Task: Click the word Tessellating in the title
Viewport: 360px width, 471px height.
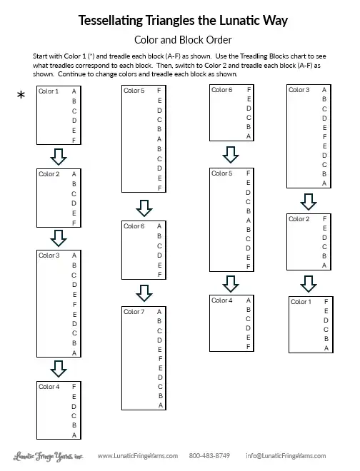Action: [x=111, y=21]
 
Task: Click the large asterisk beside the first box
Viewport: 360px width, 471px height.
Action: [x=21, y=96]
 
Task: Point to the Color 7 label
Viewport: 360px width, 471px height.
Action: [x=134, y=312]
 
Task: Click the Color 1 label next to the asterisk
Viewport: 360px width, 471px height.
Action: [x=49, y=91]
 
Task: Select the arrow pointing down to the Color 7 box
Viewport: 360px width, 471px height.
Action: [x=144, y=293]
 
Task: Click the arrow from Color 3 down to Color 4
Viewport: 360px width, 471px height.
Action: [x=59, y=368]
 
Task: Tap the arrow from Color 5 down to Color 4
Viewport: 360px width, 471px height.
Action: [x=231, y=284]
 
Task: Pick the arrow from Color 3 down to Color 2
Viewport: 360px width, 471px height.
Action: [x=309, y=201]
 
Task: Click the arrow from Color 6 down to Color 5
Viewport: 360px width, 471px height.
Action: [x=231, y=155]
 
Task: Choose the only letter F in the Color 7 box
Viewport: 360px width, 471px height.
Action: [x=160, y=359]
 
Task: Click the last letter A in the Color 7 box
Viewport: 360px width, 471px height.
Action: [x=161, y=405]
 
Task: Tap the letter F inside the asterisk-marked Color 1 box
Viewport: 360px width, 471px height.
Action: [x=74, y=140]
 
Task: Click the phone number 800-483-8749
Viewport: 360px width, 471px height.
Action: [x=209, y=456]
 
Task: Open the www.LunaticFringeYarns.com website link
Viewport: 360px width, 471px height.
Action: [x=138, y=456]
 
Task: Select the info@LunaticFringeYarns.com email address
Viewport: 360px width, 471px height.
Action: [x=286, y=456]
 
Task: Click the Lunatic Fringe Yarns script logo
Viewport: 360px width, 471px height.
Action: [x=48, y=456]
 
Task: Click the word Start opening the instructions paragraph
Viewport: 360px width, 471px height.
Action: [x=41, y=56]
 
